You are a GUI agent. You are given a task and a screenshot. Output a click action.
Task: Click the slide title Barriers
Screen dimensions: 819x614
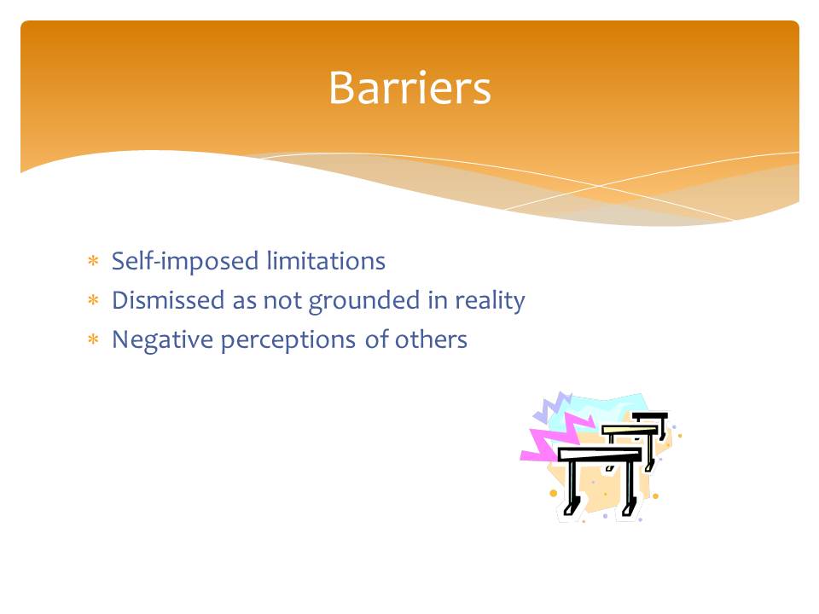410,88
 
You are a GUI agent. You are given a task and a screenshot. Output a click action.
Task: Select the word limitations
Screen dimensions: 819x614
326,260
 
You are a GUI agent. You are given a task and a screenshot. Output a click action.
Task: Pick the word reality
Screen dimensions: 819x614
490,301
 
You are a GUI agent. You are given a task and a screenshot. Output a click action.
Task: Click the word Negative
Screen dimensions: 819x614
162,340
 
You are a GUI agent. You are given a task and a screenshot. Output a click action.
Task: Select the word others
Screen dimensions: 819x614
431,339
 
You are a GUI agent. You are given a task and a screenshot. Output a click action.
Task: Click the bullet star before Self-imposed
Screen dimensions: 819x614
93,261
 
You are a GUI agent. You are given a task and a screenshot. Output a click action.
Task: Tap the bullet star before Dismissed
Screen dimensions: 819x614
93,300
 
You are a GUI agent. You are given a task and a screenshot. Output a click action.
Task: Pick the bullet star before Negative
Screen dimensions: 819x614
93,340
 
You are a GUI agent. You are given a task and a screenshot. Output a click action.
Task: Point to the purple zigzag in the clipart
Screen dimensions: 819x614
554,406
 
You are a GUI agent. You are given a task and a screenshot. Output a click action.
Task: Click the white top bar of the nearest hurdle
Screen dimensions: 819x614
600,454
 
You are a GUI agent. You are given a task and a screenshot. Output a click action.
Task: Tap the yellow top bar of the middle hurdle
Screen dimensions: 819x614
630,430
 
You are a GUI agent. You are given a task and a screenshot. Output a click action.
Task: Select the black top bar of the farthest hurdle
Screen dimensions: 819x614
650,416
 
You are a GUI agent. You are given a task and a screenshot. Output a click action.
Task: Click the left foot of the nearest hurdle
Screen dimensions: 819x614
571,507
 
